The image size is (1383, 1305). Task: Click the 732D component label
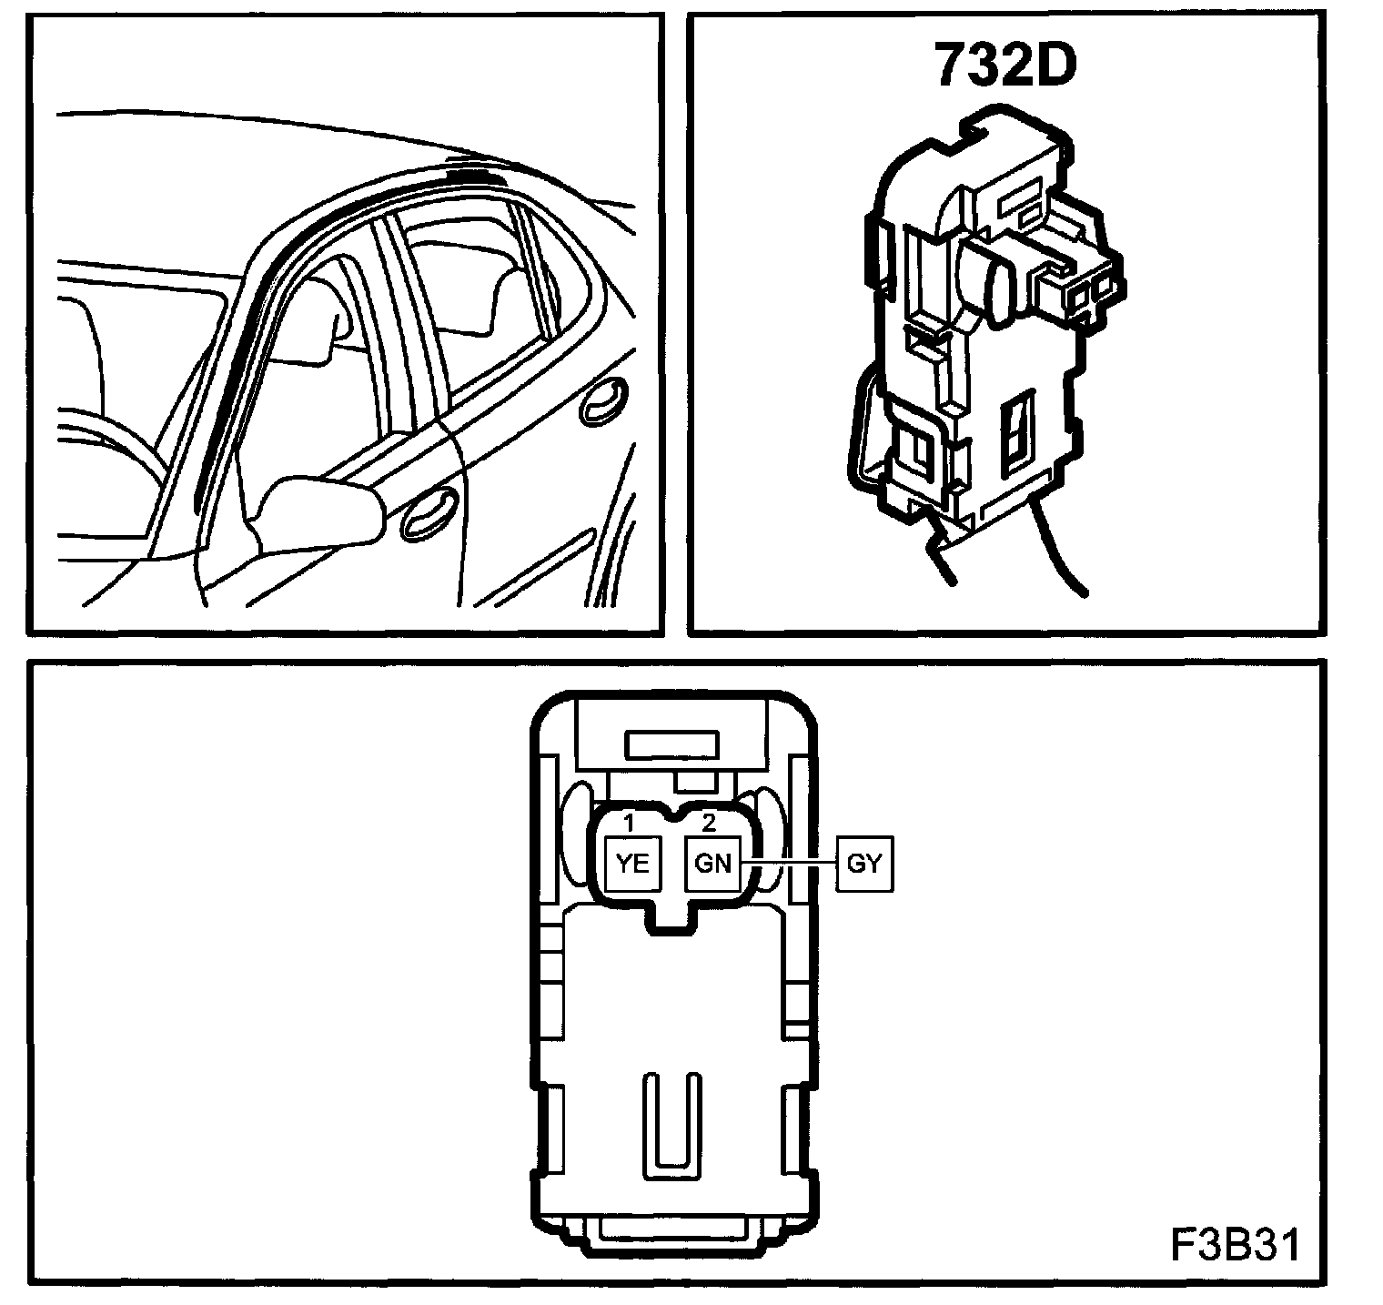click(1004, 66)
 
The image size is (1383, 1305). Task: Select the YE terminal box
click(632, 863)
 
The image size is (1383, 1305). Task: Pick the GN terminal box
click(712, 863)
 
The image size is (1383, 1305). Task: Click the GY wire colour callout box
click(864, 863)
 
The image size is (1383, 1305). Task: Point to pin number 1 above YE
click(629, 823)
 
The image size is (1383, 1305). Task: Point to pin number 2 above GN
click(710, 823)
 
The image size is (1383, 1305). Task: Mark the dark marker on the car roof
click(468, 170)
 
